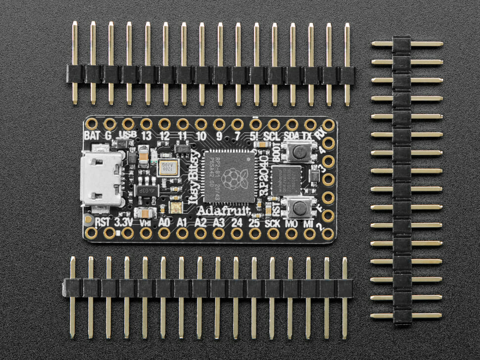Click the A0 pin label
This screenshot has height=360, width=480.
click(x=164, y=223)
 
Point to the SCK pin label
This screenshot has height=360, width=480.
click(x=273, y=223)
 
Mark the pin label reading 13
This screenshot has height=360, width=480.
click(x=146, y=135)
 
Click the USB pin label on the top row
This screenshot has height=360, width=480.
click(x=128, y=135)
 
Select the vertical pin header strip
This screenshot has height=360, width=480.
click(x=402, y=180)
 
